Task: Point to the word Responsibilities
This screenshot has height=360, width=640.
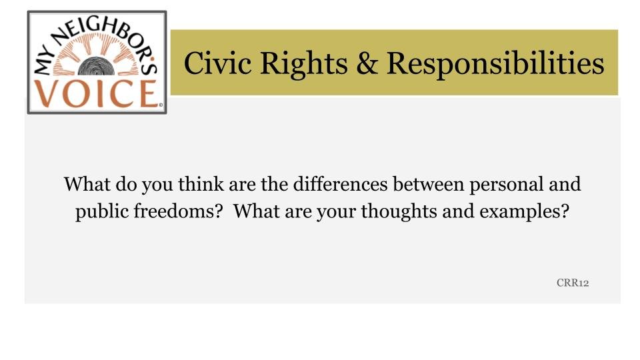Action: pyautogui.click(x=495, y=64)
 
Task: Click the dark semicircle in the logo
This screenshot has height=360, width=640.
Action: pyautogui.click(x=96, y=67)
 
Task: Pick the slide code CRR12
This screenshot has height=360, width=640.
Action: pyautogui.click(x=573, y=283)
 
